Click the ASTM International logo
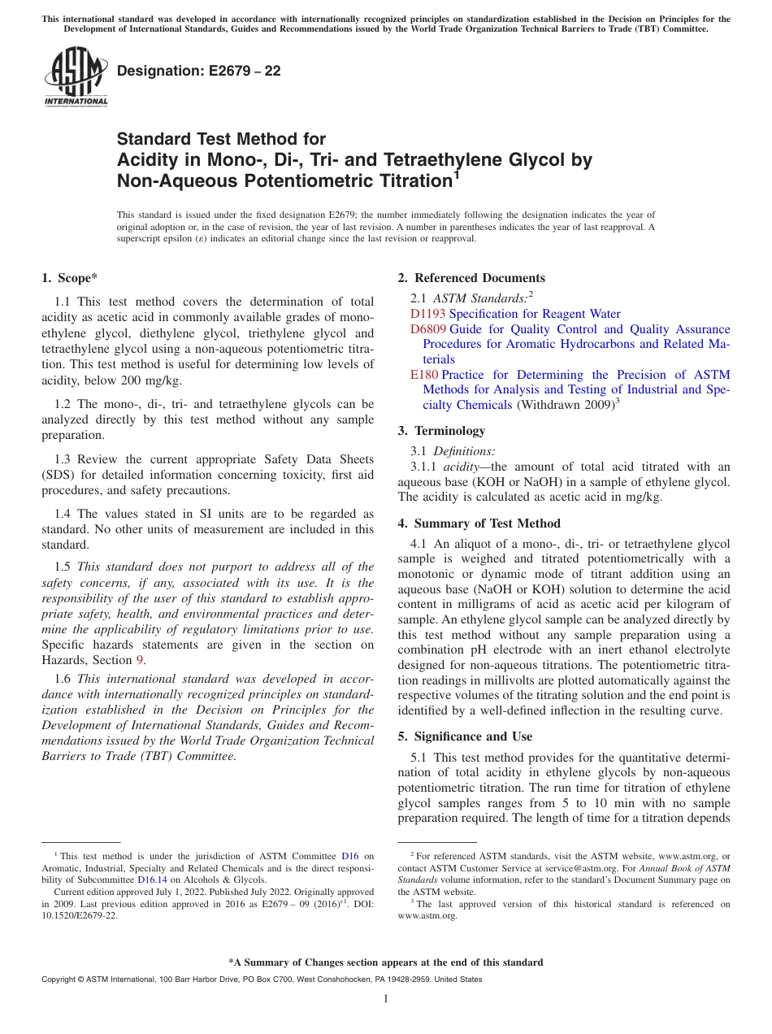pos(75,76)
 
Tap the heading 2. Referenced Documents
pos(471,278)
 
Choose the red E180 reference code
pos(424,375)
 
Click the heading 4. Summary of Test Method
pos(479,524)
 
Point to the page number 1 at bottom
pos(386,999)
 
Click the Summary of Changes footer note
pos(386,962)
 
